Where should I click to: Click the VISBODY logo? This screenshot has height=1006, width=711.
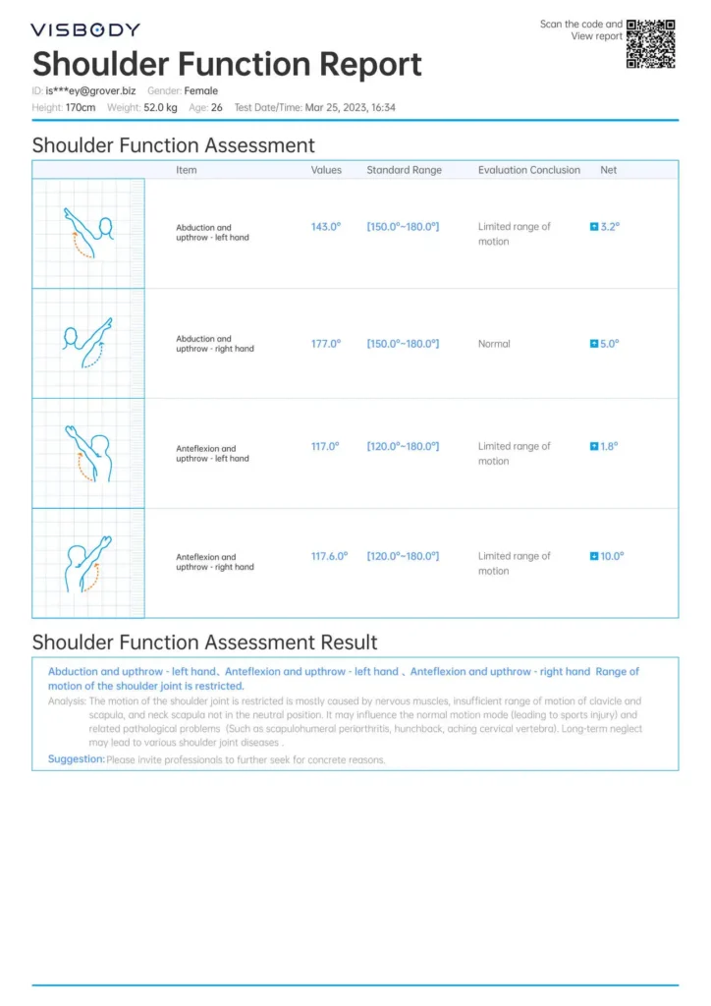(85, 30)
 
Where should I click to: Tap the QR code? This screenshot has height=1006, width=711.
(651, 43)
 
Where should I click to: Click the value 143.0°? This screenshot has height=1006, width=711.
(325, 227)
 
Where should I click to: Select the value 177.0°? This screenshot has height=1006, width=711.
(325, 344)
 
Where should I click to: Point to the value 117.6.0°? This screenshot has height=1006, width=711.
(329, 556)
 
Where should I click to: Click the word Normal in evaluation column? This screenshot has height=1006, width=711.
(494, 344)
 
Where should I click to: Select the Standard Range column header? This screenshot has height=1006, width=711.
(404, 170)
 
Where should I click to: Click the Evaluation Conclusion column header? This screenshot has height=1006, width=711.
(528, 170)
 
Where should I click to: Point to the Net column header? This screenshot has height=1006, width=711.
(609, 170)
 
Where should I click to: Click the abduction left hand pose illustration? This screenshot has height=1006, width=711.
(88, 233)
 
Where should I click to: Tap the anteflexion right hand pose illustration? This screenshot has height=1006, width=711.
(88, 563)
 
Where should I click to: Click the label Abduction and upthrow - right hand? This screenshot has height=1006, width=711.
(214, 344)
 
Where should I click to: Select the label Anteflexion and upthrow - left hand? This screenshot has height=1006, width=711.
(212, 454)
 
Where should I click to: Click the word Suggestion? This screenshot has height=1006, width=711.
(76, 759)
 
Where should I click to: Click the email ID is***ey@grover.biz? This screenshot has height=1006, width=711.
(91, 91)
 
